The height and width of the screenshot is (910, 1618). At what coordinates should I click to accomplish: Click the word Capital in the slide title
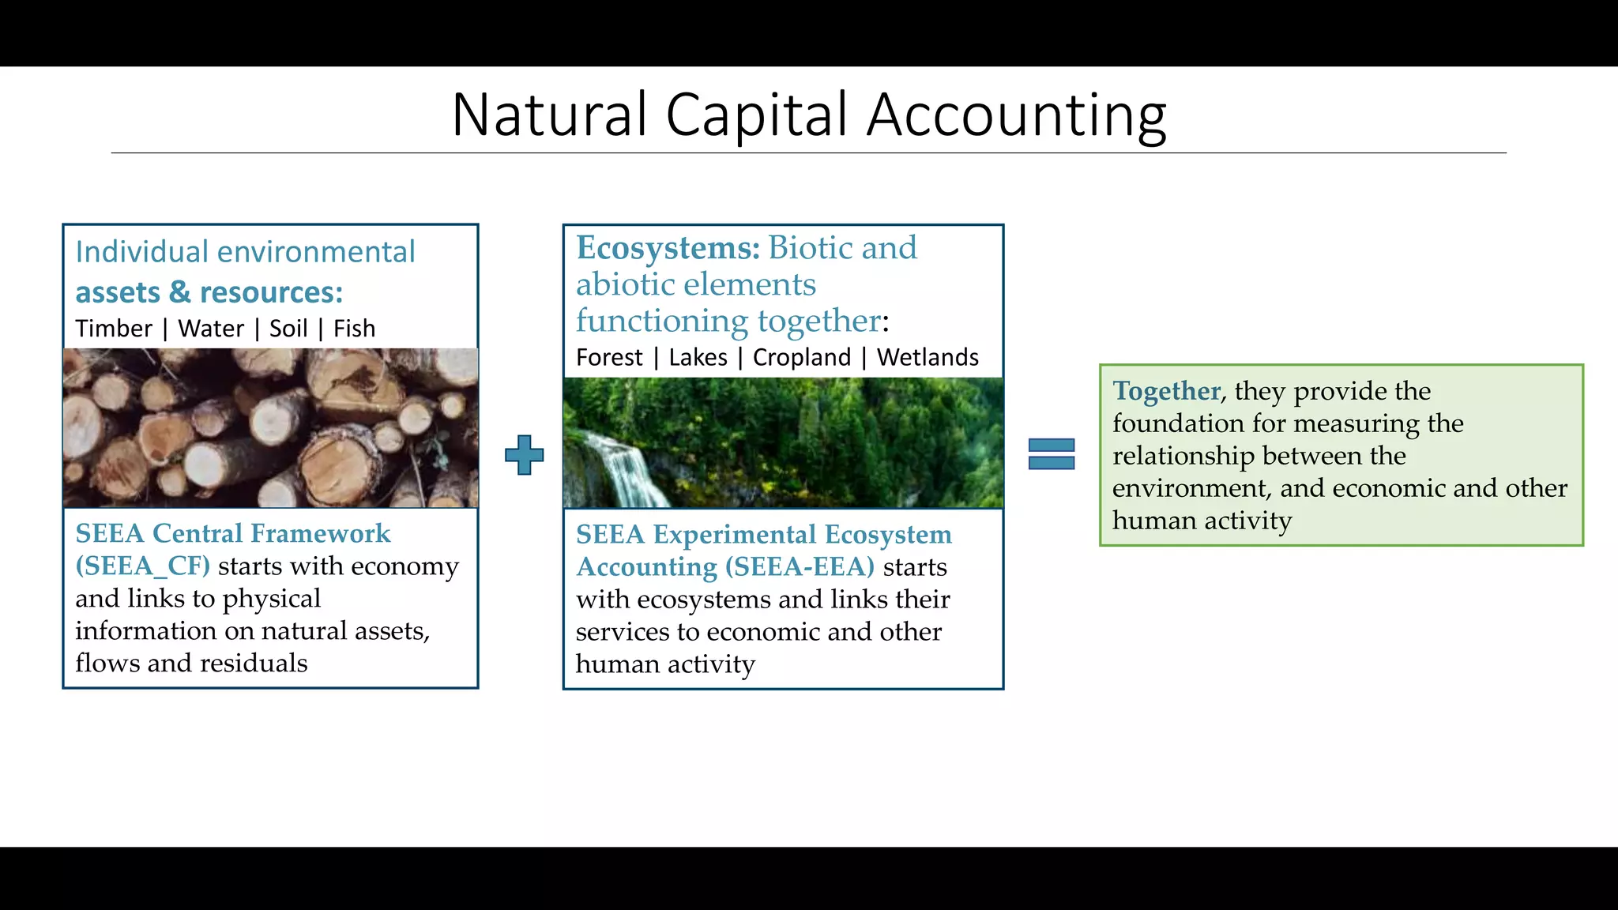(x=756, y=115)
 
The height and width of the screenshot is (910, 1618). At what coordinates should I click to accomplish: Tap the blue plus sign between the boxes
(x=525, y=455)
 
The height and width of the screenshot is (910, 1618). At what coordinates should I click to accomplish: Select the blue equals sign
(x=1052, y=454)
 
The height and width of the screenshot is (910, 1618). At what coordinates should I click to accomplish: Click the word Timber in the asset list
(x=114, y=329)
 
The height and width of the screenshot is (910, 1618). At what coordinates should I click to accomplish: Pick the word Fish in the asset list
(x=354, y=329)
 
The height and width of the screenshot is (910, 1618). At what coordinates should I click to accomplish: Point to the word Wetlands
(x=928, y=358)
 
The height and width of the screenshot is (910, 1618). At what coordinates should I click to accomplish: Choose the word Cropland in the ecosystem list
(x=802, y=358)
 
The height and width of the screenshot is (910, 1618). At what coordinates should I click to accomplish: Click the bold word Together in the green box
(x=1166, y=391)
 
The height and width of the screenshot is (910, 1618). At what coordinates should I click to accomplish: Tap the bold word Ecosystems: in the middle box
(x=668, y=248)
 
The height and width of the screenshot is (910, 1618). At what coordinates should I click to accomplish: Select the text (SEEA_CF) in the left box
(x=143, y=566)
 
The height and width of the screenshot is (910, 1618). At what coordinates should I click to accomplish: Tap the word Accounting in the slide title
(x=1016, y=115)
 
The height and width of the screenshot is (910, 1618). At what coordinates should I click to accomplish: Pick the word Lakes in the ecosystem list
(x=698, y=358)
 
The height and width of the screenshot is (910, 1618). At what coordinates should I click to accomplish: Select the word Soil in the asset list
(x=288, y=329)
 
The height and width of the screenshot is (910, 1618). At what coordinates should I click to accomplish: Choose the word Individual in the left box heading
(x=142, y=252)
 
